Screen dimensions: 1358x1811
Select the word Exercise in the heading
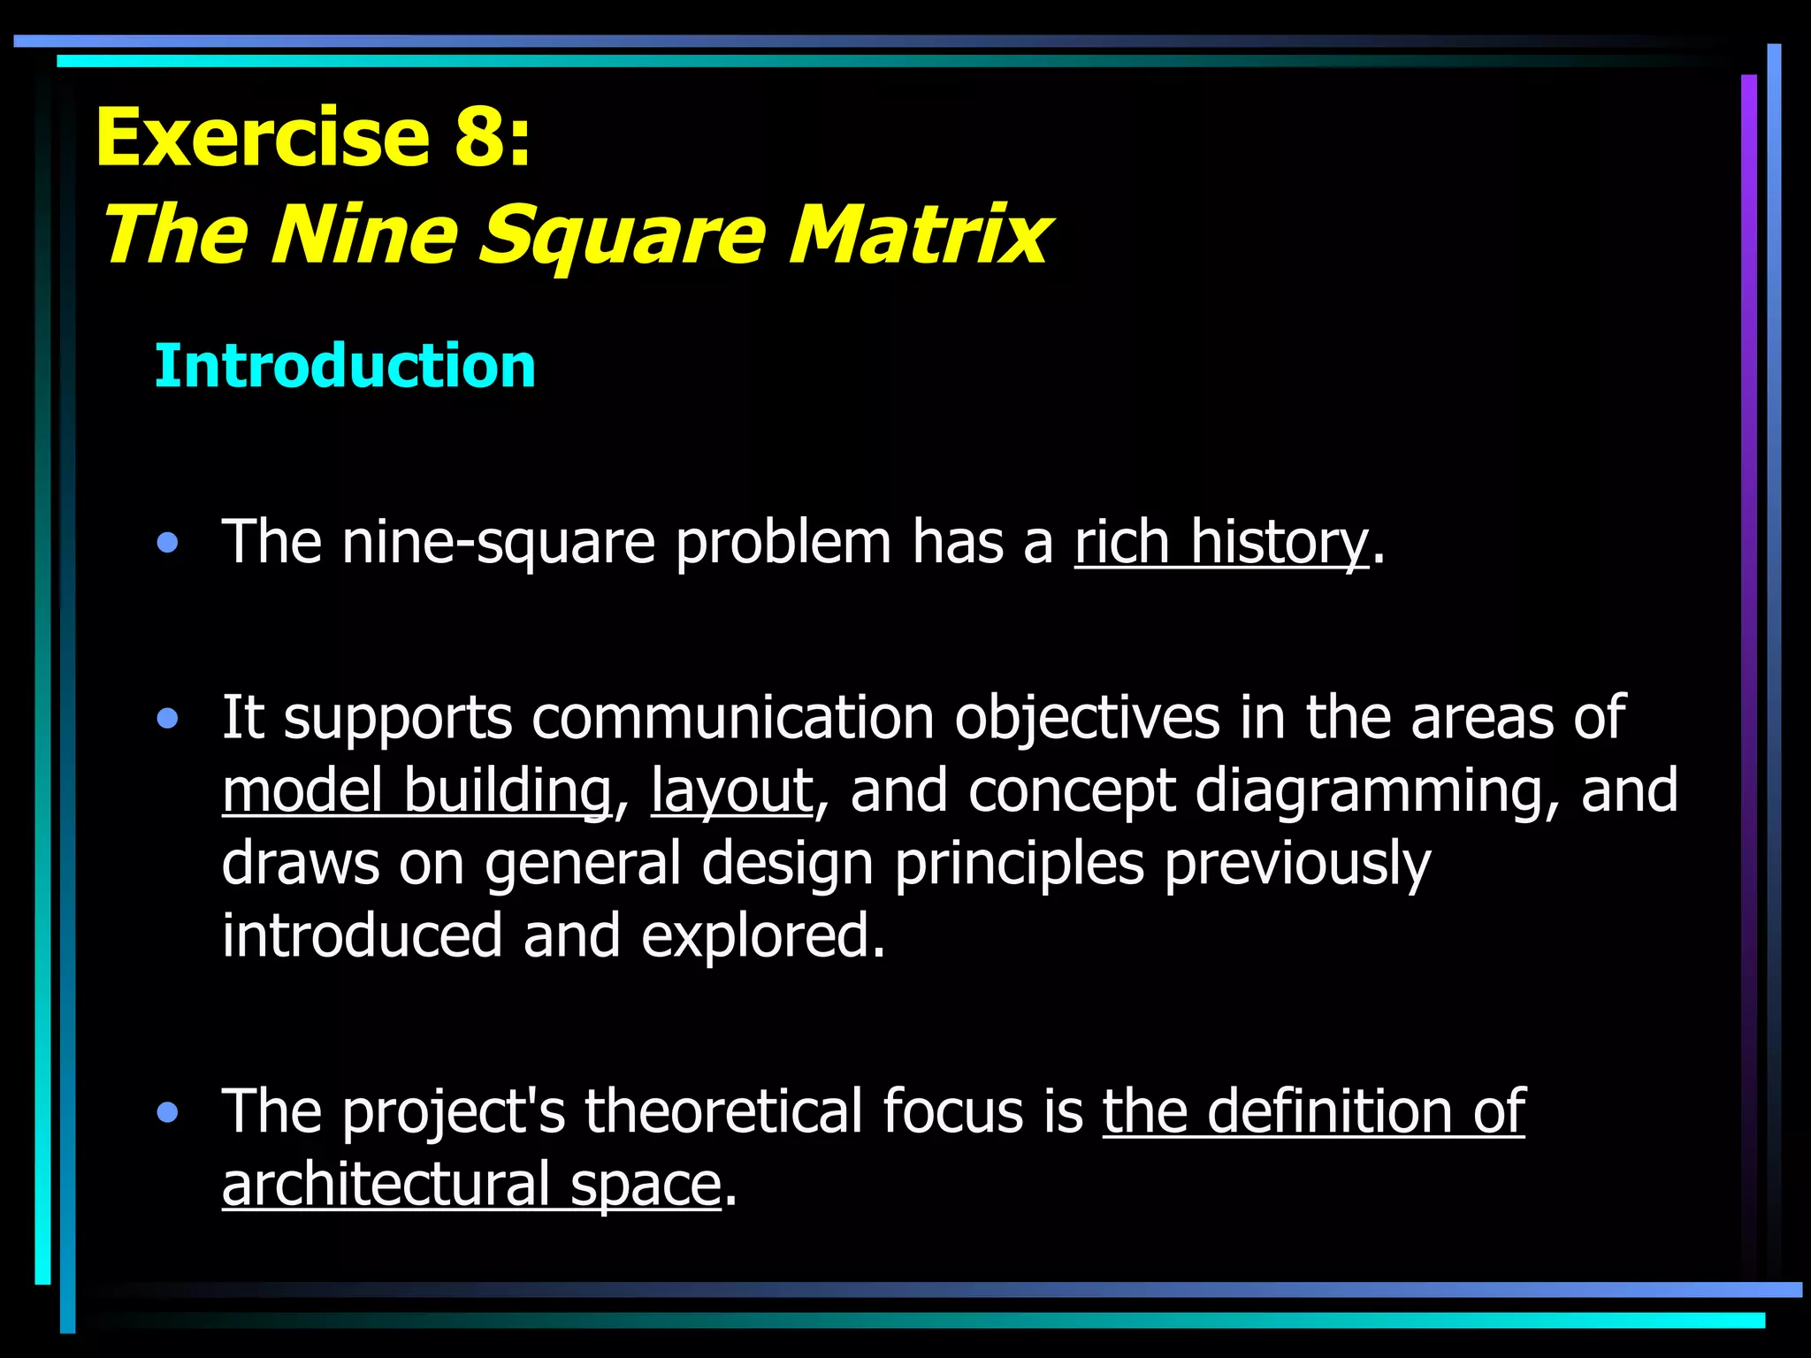tap(263, 137)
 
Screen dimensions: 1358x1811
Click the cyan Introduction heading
tap(345, 366)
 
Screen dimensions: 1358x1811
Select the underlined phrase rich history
tap(1221, 542)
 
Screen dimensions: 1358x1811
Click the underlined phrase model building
tap(416, 790)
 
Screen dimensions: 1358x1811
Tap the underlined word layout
tap(731, 790)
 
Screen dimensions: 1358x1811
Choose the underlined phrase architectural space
tap(471, 1185)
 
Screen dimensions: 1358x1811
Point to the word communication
tap(733, 717)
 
